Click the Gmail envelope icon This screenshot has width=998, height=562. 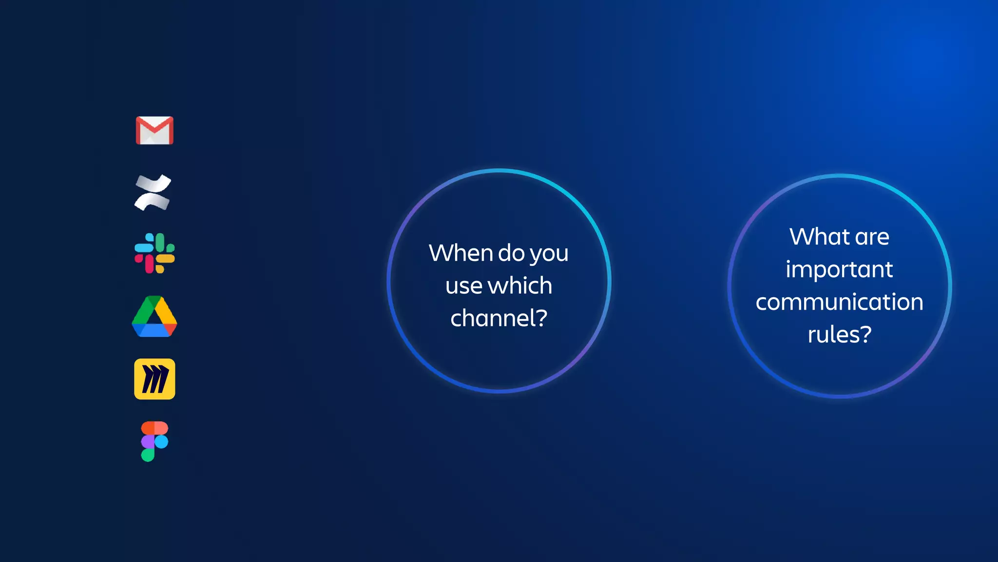click(x=154, y=130)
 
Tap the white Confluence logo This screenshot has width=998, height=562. click(x=153, y=192)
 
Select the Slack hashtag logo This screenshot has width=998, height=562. click(x=154, y=253)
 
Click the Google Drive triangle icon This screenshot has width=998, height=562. click(x=154, y=317)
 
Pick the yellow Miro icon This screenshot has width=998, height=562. click(x=154, y=379)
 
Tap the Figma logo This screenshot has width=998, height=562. click(x=154, y=441)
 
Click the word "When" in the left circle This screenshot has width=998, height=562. click(x=461, y=253)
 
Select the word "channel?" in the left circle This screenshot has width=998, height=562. click(x=499, y=318)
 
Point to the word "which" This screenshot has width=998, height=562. click(x=520, y=285)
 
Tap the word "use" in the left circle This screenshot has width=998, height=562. click(x=463, y=286)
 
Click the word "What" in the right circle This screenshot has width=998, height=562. click(x=820, y=237)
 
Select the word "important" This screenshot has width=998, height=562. click(x=839, y=269)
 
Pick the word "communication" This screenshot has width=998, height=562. click(x=839, y=302)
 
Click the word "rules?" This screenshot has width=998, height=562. click(x=839, y=335)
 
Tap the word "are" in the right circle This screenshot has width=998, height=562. click(x=872, y=237)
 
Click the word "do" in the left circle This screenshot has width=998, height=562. click(x=511, y=253)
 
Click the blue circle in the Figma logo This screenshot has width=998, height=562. click(x=161, y=442)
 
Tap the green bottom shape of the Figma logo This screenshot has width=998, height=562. click(x=148, y=455)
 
